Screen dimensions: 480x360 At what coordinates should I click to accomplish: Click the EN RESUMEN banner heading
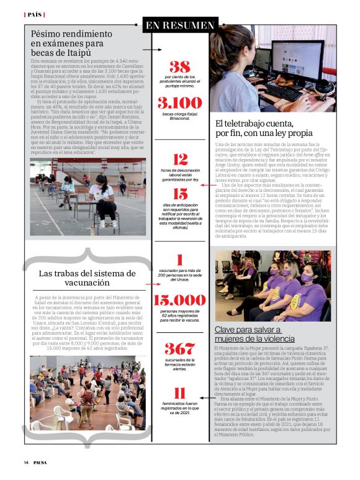click(x=180, y=25)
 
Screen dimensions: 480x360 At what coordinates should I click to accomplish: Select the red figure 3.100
click(x=180, y=102)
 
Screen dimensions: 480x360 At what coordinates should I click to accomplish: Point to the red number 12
click(x=180, y=159)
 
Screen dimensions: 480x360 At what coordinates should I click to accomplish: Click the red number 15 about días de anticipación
click(x=180, y=194)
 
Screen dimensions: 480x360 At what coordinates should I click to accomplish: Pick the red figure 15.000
click(x=180, y=300)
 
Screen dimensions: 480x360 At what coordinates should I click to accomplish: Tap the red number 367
click(x=180, y=348)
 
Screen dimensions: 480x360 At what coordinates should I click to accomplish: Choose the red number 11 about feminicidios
click(x=180, y=392)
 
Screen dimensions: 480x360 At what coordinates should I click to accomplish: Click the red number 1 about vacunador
click(x=180, y=260)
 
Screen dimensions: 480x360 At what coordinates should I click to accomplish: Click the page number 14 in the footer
click(x=26, y=462)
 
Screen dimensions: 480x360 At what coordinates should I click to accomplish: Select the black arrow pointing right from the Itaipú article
click(x=148, y=48)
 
